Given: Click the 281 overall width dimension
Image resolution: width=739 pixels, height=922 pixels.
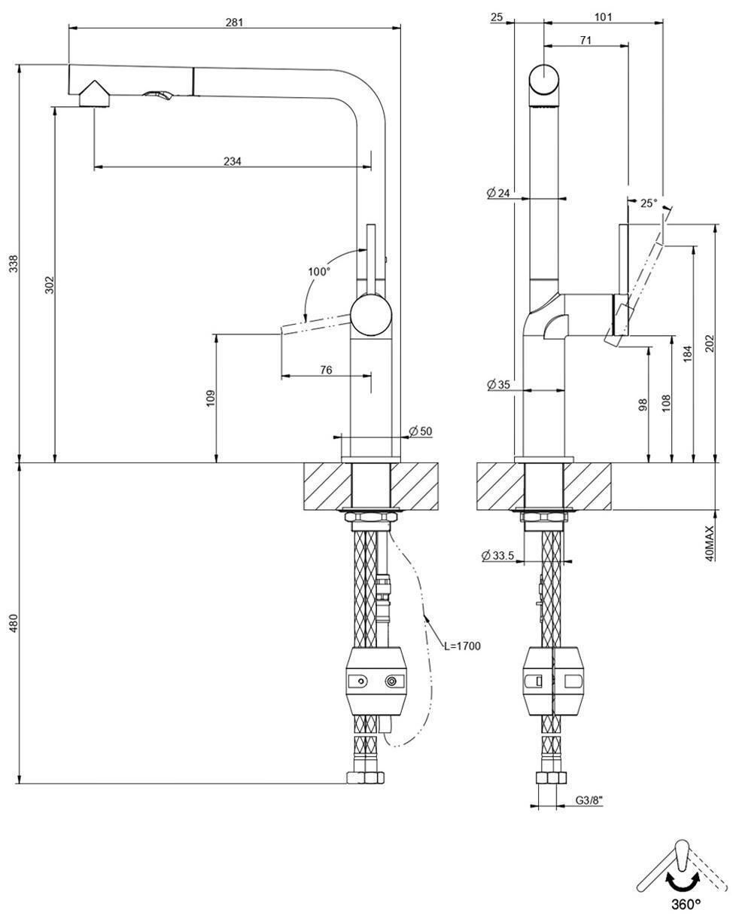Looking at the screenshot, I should [x=234, y=22].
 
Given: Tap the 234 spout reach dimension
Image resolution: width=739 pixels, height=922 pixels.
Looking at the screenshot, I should [x=233, y=160].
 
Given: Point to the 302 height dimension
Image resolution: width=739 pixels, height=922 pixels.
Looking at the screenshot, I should [x=49, y=285].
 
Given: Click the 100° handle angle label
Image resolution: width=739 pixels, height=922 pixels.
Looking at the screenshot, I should [x=318, y=271].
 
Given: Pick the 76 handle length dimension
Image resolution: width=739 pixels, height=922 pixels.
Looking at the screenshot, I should [x=326, y=369].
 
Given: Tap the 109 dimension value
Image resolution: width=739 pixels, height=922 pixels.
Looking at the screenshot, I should [x=210, y=398].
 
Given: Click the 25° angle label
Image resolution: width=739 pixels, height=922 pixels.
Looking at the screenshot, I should [x=648, y=203].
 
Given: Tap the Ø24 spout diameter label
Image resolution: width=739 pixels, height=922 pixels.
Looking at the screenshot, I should [x=498, y=194].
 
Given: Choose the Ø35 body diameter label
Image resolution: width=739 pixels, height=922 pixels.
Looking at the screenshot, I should [x=498, y=385].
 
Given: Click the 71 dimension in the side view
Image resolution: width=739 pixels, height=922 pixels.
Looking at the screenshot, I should [x=585, y=40].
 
